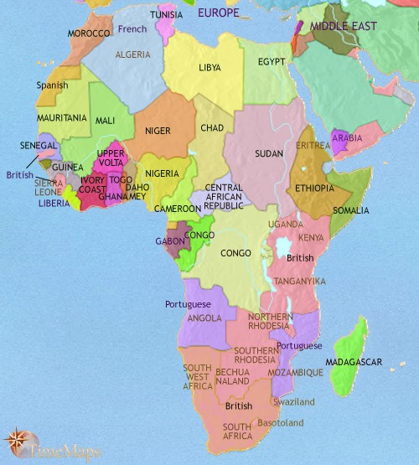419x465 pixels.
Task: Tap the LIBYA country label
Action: tap(210, 67)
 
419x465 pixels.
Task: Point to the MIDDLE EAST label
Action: tap(343, 27)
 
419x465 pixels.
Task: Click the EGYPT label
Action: tap(272, 63)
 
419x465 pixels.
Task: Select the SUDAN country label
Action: tap(268, 155)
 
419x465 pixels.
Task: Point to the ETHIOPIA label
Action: tap(314, 189)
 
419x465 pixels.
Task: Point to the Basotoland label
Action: tap(280, 423)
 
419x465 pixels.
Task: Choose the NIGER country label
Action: tap(158, 131)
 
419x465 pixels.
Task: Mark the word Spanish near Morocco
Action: tap(52, 85)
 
